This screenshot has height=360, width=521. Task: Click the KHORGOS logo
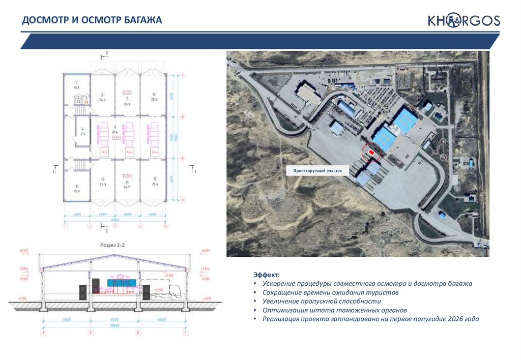pyautogui.click(x=464, y=21)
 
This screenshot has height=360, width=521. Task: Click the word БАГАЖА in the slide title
pyautogui.click(x=141, y=20)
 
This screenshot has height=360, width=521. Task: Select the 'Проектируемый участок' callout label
pyautogui.click(x=318, y=171)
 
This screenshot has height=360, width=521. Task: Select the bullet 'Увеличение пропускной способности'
pyautogui.click(x=322, y=301)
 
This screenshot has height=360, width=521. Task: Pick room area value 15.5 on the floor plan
pyautogui.click(x=77, y=88)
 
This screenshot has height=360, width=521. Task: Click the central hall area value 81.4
pyautogui.click(x=115, y=132)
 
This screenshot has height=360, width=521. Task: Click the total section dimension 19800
pyautogui.click(x=115, y=325)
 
